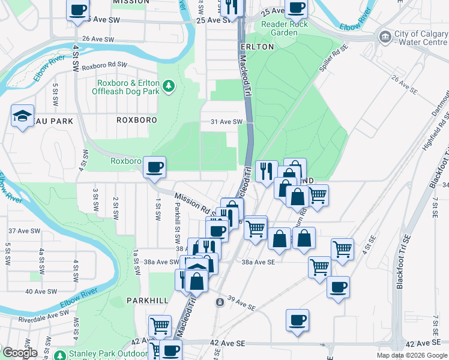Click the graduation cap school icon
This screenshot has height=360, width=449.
tap(22, 115)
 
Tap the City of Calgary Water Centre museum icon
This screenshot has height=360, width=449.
tap(385, 37)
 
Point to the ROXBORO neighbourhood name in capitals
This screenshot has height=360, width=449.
tap(137, 120)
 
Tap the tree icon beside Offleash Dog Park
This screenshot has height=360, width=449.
tap(170, 87)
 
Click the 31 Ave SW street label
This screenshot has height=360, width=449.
tap(226, 122)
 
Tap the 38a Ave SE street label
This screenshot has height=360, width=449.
tap(259, 262)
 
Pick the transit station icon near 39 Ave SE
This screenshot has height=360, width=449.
tap(220, 301)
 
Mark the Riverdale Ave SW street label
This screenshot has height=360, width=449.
tap(44, 313)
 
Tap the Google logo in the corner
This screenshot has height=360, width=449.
tap(19, 353)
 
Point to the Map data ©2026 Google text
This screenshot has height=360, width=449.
tap(411, 355)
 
